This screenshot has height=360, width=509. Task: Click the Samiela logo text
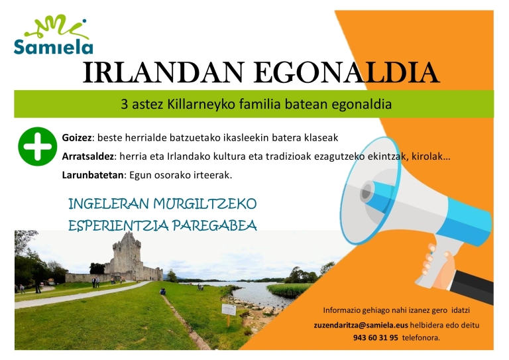54,47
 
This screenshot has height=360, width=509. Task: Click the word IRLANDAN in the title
163,72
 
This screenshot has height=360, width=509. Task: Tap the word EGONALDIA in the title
347,72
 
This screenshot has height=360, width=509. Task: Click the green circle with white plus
37,147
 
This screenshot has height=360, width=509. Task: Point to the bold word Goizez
77,138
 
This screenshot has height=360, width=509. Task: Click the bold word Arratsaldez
87,156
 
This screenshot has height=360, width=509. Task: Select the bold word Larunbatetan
93,175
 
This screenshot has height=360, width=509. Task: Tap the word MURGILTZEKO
205,204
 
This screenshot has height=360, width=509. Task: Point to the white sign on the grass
229,310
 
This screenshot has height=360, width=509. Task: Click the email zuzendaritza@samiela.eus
361,326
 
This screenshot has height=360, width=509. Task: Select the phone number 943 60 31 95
375,338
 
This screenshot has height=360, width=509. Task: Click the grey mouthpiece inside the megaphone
367,192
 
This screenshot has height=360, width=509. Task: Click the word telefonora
421,338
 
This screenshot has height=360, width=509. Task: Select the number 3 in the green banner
125,105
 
